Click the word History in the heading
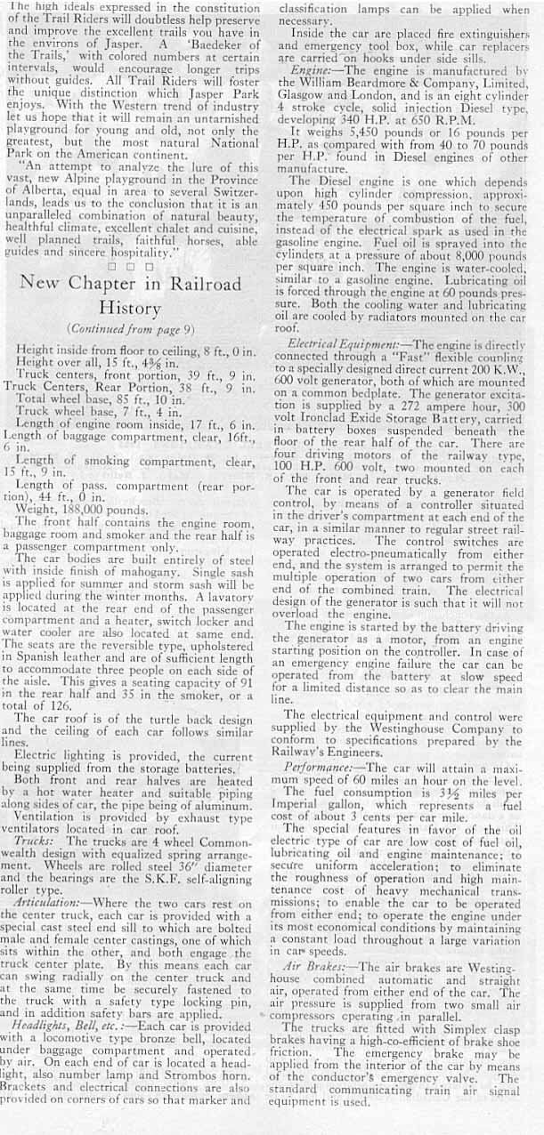(136, 308)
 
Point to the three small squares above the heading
(135, 264)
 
